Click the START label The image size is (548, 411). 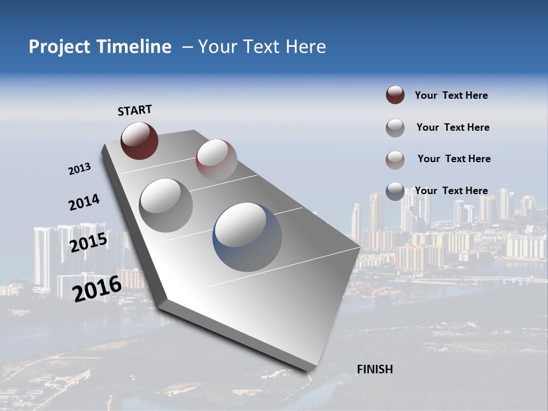[135, 110]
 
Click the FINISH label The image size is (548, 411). [374, 369]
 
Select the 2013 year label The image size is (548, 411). [79, 169]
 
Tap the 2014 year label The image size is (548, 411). [84, 203]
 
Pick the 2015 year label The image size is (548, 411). [88, 243]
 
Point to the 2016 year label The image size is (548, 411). [97, 288]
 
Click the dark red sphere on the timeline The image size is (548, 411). [139, 141]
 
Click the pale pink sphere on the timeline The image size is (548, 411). [216, 160]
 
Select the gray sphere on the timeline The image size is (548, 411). [166, 205]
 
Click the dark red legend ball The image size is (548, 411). [395, 95]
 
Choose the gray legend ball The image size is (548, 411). [395, 128]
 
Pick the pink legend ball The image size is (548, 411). [395, 159]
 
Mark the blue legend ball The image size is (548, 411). [395, 191]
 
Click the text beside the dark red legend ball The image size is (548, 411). [451, 95]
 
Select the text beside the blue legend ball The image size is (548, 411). [451, 191]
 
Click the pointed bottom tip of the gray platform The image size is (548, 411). [309, 371]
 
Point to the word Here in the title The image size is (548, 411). [305, 47]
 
